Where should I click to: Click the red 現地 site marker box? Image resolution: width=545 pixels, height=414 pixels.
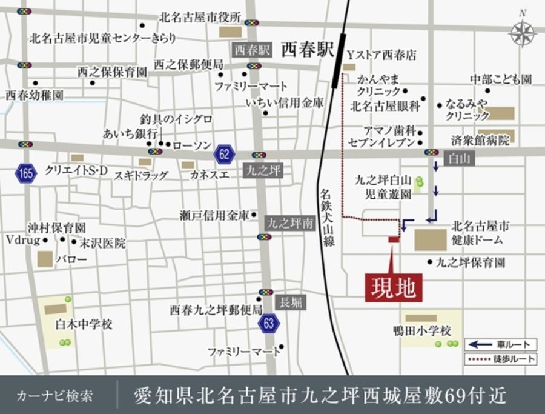tap(394, 287)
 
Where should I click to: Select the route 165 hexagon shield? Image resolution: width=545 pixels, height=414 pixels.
tap(25, 174)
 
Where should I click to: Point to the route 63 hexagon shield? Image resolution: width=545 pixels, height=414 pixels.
tap(268, 323)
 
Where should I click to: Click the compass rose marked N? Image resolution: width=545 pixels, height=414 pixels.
tap(522, 33)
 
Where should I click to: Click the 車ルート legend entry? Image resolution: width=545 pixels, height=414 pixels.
tap(500, 344)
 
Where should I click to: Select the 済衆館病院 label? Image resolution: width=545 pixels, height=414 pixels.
tap(481, 141)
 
